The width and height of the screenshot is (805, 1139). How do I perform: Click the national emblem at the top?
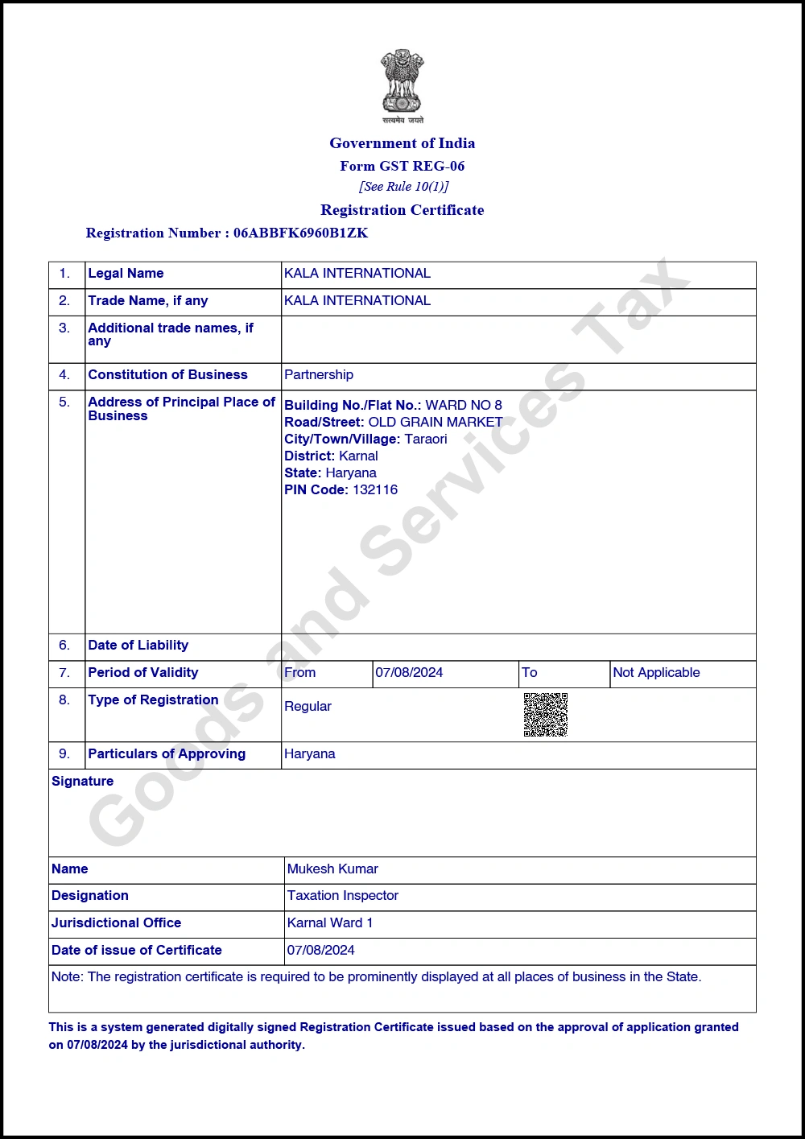(402, 82)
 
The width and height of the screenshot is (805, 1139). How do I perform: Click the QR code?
(546, 714)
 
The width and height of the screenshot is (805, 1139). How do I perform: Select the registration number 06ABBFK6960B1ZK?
(300, 233)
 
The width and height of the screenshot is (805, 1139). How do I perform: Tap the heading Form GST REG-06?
(402, 166)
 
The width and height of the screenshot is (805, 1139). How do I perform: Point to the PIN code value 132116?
(375, 489)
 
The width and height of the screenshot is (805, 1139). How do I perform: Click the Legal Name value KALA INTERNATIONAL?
(357, 274)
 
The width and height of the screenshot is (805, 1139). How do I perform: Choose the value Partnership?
(319, 375)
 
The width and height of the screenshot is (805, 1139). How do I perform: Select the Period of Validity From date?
(409, 673)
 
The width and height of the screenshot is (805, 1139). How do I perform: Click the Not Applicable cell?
(656, 673)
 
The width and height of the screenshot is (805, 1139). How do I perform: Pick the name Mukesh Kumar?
(332, 869)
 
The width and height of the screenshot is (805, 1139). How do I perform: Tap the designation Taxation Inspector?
(343, 896)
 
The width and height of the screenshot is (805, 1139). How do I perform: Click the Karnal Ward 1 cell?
(330, 923)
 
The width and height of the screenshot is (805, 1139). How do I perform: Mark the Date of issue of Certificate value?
(321, 951)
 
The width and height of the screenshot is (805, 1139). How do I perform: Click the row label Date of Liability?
(138, 646)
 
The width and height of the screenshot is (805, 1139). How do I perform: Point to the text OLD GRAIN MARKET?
(436, 422)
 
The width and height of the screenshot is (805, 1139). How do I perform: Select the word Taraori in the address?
(426, 439)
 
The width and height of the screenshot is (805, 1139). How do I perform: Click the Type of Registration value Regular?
(308, 707)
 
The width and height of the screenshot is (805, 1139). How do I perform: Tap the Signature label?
(83, 782)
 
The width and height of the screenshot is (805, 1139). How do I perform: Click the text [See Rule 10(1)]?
(403, 187)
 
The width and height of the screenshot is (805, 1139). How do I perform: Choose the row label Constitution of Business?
(167, 375)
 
